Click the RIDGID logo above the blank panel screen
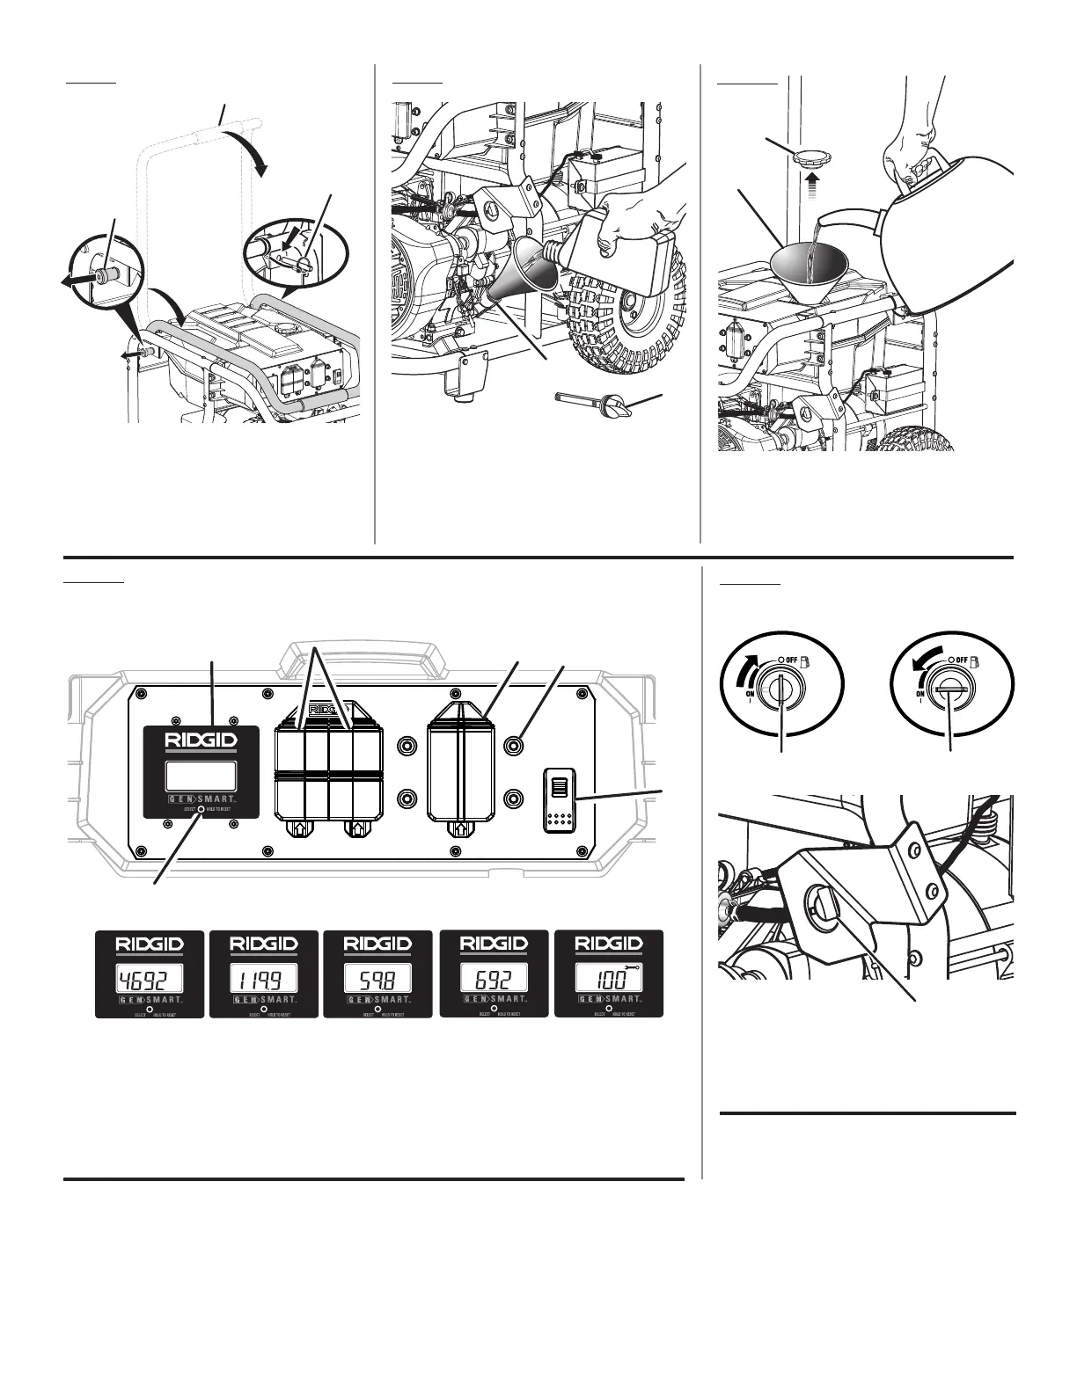201,740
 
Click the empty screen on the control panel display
201,775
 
